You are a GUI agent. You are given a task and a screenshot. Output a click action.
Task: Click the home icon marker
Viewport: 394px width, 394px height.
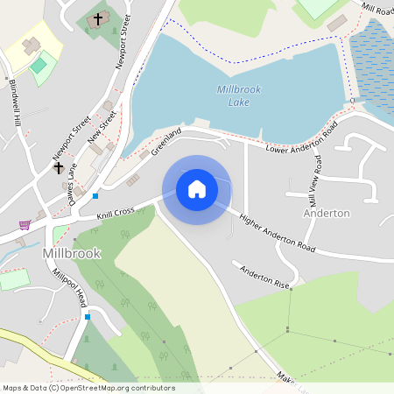[x=197, y=189]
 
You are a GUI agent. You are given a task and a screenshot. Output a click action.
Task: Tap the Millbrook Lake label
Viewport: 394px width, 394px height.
[x=232, y=95]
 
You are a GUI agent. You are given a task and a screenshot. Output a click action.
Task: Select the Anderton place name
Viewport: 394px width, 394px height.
[x=327, y=213]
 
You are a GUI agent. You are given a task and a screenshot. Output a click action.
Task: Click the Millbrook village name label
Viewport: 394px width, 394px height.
[x=71, y=253]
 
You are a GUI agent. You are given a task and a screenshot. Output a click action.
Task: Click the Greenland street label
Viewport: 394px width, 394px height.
[x=165, y=141]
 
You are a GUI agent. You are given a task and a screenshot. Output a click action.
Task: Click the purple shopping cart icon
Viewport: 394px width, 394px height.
[x=25, y=225]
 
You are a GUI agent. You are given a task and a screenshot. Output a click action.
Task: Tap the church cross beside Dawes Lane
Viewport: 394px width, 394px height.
[x=59, y=166]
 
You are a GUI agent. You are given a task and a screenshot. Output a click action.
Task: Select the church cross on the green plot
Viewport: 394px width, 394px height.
[x=98, y=18]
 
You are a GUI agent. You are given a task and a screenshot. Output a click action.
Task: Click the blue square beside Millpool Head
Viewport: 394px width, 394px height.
[x=87, y=316]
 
